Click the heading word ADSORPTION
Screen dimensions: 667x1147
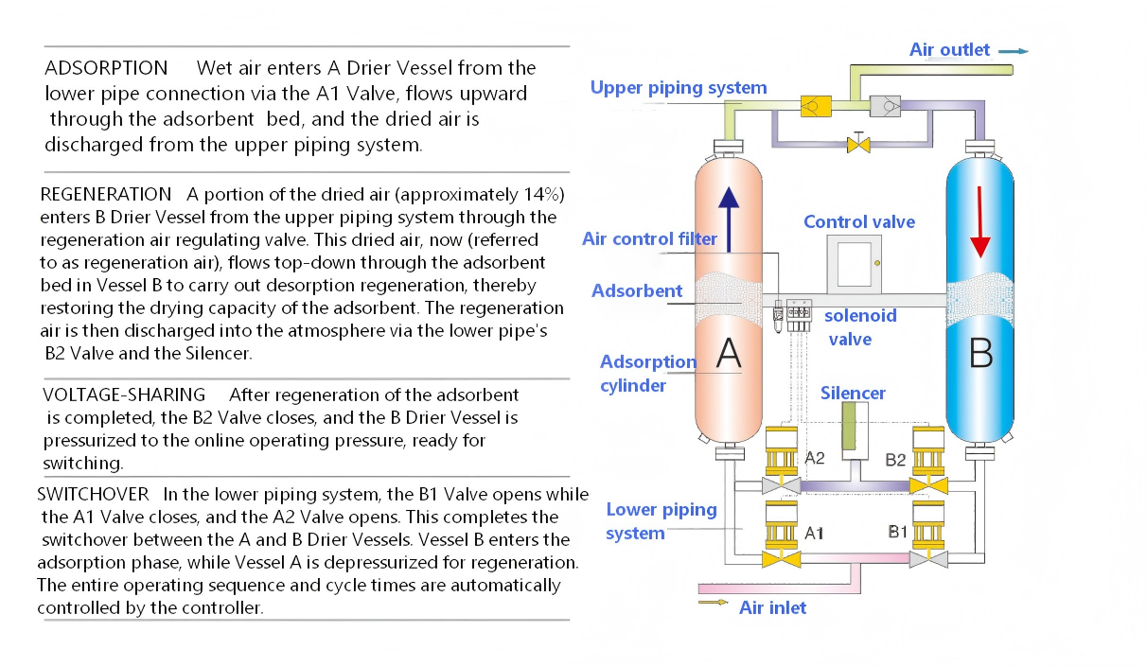coord(106,68)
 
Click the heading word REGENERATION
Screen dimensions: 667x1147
coord(106,194)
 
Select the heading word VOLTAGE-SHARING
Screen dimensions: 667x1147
coord(124,394)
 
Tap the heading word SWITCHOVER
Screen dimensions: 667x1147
coord(93,494)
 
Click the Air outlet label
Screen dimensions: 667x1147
coord(949,50)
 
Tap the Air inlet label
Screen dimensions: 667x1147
coord(772,607)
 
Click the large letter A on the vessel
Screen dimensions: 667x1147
coord(728,353)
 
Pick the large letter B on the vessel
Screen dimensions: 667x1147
coord(981,354)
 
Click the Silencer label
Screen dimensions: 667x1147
coord(853,393)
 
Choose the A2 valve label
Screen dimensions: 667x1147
coord(815,458)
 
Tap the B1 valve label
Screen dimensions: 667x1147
coord(898,533)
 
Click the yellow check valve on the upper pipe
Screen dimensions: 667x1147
coord(811,106)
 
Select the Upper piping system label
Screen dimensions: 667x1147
coord(679,88)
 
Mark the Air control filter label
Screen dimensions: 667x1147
coord(649,239)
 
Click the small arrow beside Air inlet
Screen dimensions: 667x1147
coord(714,602)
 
